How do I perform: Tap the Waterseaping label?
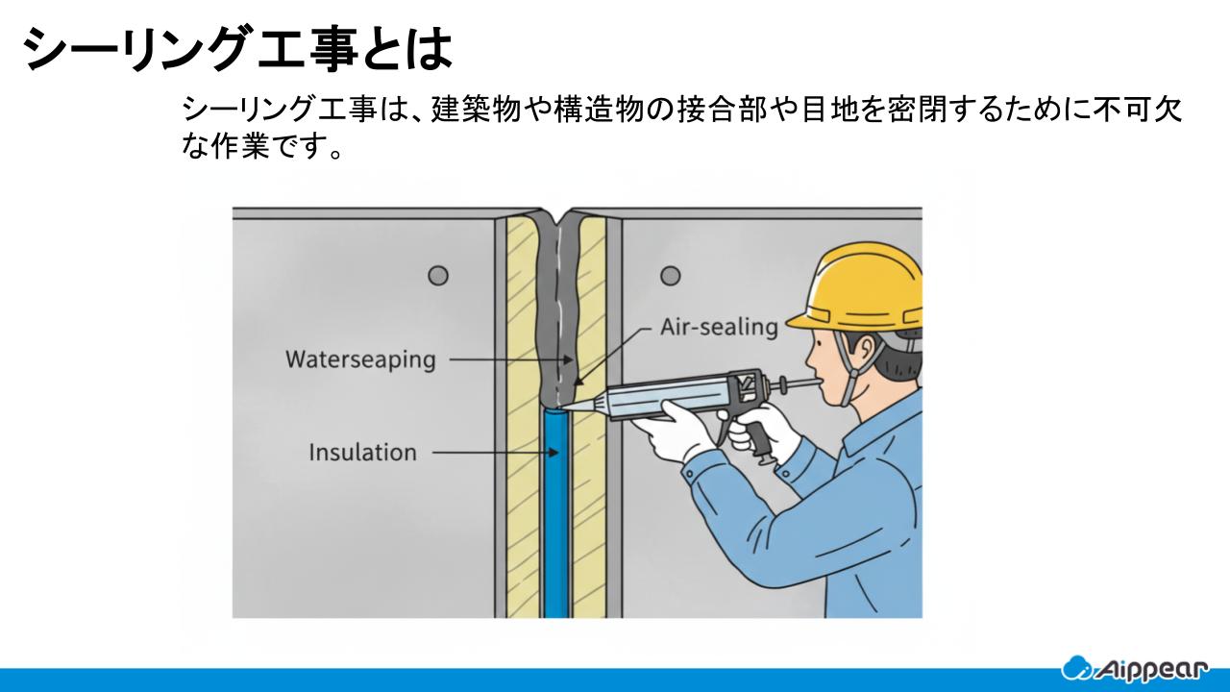tap(360, 360)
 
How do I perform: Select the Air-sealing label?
tap(719, 327)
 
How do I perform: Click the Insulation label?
tap(362, 452)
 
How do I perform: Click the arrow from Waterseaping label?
tap(509, 360)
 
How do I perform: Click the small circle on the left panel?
tap(438, 276)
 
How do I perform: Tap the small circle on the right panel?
tap(671, 276)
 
